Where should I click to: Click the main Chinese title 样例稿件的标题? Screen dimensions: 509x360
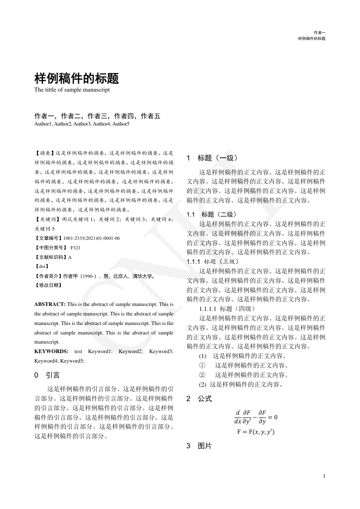77,79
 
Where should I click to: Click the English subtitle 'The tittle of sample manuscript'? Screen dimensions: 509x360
72,90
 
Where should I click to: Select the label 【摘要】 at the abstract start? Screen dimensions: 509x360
44,154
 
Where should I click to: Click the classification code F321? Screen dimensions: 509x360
75,248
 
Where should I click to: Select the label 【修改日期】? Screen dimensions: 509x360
48,286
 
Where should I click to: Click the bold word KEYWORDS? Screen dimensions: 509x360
51,351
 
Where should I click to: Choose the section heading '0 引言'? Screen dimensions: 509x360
47,375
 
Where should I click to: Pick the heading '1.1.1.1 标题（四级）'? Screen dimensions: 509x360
227,309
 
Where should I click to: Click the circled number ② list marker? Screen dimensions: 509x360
202,375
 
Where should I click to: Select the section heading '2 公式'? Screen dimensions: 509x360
199,399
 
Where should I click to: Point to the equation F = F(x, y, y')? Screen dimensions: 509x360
256,431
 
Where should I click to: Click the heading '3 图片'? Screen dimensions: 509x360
199,446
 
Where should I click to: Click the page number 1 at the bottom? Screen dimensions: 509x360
324,476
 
